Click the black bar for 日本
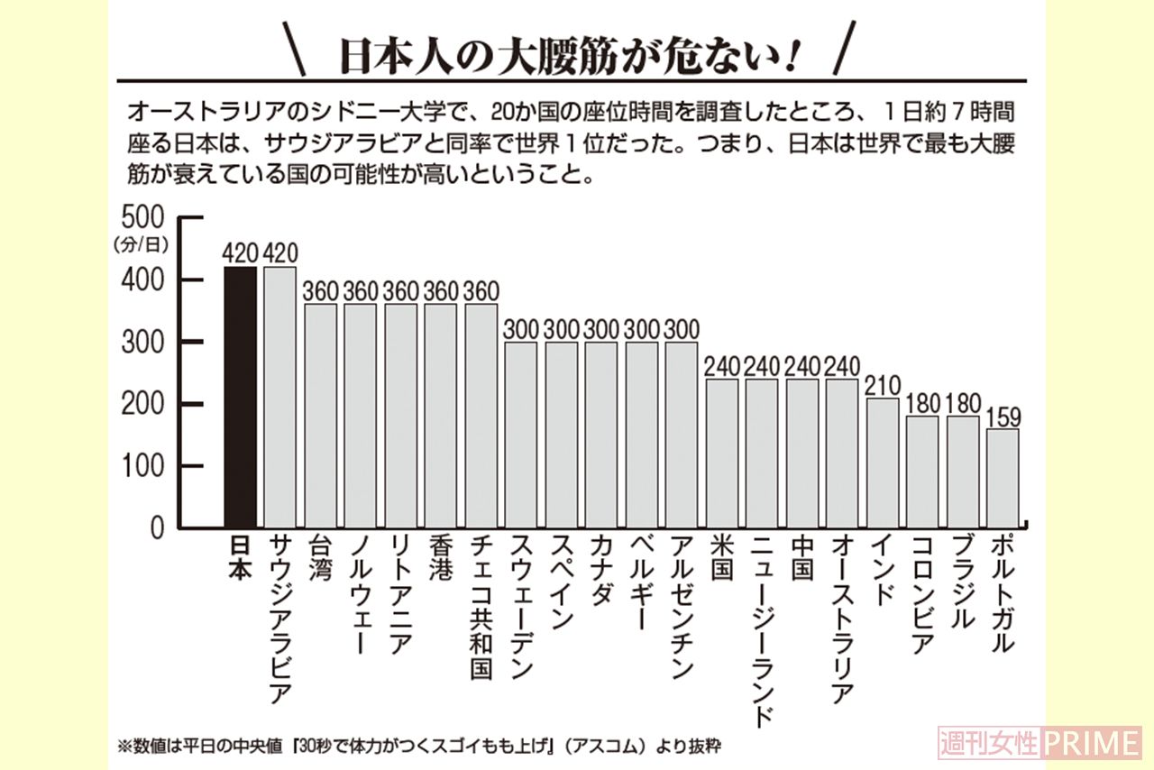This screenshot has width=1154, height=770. click(240, 397)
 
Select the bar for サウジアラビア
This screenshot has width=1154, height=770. click(279, 397)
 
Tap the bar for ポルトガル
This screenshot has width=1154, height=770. click(1003, 478)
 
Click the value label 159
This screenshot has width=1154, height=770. click(1003, 418)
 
